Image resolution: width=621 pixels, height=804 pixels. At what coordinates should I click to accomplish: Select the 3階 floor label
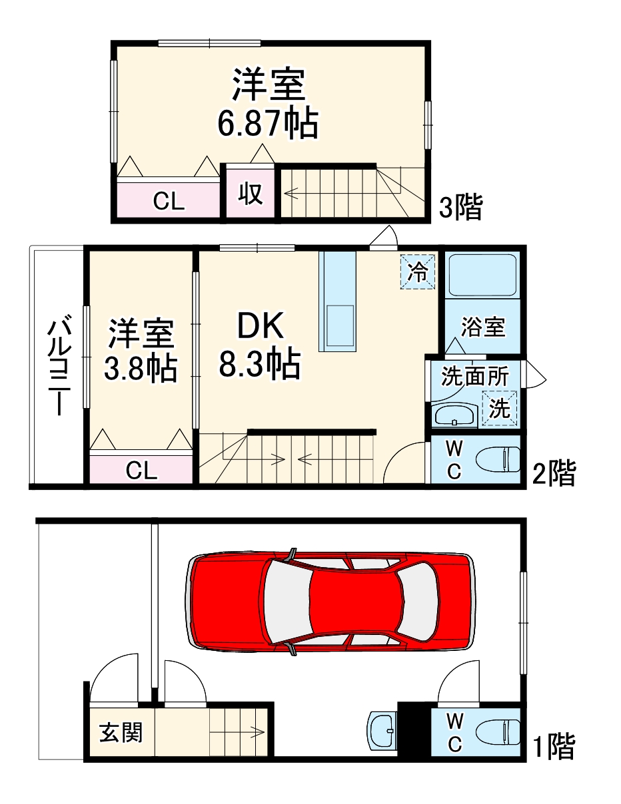coord(460,208)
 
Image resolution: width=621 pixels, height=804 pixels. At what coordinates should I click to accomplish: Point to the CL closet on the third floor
coord(169,200)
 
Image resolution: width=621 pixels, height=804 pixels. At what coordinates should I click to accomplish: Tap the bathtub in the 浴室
coord(482,276)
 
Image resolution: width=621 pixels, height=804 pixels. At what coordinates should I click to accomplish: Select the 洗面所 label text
coord(475,377)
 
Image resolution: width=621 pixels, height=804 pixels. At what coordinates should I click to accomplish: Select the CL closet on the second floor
coord(141,471)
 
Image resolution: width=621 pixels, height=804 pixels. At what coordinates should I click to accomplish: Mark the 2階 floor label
coord(553,474)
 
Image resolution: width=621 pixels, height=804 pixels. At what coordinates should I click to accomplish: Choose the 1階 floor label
coord(553,747)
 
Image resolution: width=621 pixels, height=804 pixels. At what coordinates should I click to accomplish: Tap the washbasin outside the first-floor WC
coord(382,731)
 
